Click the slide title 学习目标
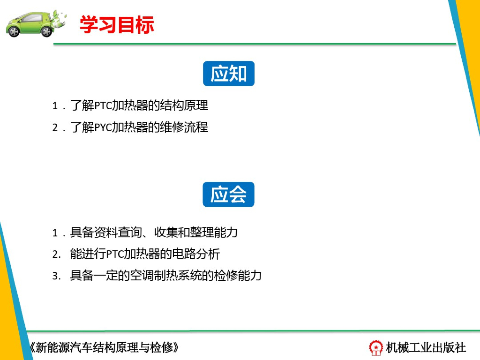(117, 25)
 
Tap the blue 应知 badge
(228, 74)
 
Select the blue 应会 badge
(228, 195)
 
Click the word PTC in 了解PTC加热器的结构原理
(103, 105)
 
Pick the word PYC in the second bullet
(103, 127)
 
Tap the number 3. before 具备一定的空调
(56, 276)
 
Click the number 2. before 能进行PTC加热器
(56, 255)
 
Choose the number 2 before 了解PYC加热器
(55, 127)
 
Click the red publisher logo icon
(376, 347)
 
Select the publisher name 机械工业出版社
(426, 347)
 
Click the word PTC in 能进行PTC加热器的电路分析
(115, 255)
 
